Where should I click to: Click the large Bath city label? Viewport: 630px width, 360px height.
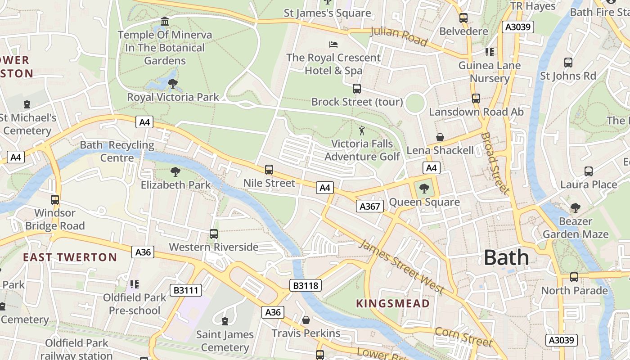pyautogui.click(x=506, y=258)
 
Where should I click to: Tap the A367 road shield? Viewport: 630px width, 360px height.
pyautogui.click(x=370, y=206)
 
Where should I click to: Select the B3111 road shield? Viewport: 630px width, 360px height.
pyautogui.click(x=186, y=290)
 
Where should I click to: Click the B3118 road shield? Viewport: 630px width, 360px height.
pyautogui.click(x=306, y=285)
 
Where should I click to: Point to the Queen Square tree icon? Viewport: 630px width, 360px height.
pyautogui.click(x=424, y=189)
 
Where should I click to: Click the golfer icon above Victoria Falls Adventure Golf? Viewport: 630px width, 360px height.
pyautogui.click(x=362, y=131)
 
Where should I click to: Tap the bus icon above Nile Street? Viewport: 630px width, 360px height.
pyautogui.click(x=269, y=170)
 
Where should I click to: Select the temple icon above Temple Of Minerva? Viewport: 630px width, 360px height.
pyautogui.click(x=165, y=22)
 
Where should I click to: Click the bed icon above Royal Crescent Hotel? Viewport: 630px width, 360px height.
pyautogui.click(x=333, y=44)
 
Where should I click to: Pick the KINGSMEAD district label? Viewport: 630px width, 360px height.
pyautogui.click(x=393, y=303)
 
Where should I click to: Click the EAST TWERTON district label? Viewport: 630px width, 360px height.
pyautogui.click(x=70, y=257)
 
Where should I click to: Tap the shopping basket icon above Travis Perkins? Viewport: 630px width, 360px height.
pyautogui.click(x=306, y=320)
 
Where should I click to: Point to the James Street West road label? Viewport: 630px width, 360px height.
pyautogui.click(x=402, y=267)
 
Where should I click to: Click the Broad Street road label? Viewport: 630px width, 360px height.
pyautogui.click(x=495, y=163)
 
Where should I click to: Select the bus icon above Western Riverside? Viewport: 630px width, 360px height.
pyautogui.click(x=214, y=234)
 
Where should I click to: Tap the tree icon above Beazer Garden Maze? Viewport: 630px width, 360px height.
pyautogui.click(x=575, y=207)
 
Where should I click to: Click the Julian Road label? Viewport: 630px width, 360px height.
pyautogui.click(x=398, y=36)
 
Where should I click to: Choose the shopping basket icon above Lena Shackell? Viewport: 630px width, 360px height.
pyautogui.click(x=440, y=137)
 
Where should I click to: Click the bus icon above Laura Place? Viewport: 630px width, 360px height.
pyautogui.click(x=589, y=171)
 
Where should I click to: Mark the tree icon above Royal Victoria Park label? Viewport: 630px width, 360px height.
pyautogui.click(x=172, y=83)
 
